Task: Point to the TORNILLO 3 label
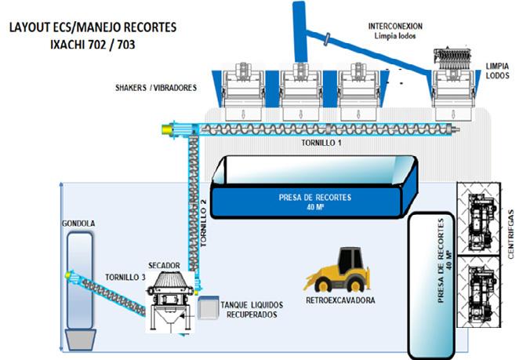[125, 277]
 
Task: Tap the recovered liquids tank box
[209, 307]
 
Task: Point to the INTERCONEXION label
[395, 26]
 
